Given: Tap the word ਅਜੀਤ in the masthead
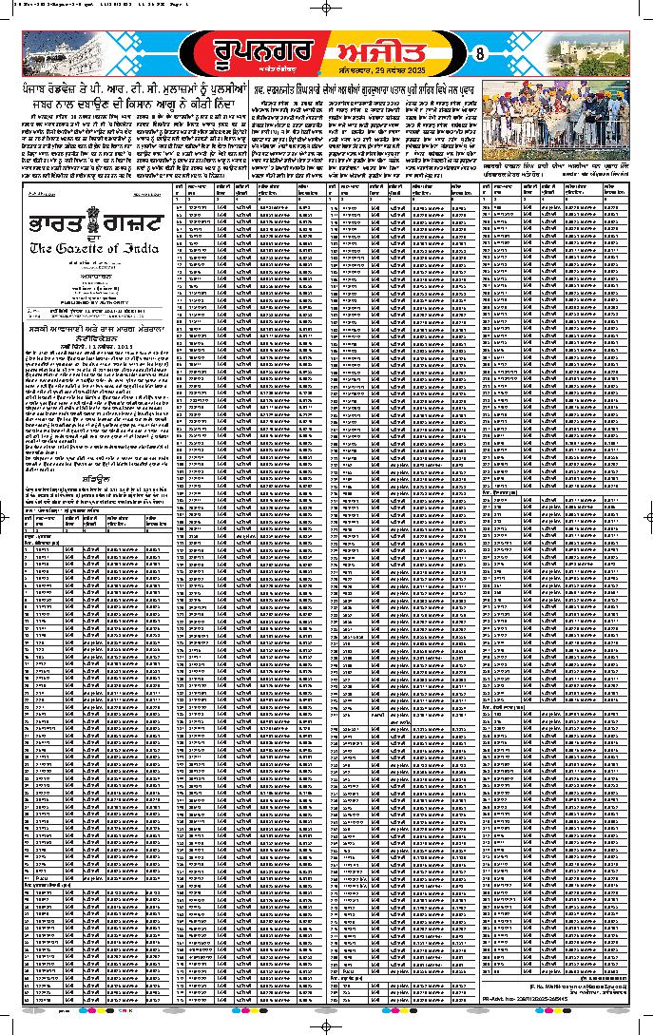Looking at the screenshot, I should coord(400,52).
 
